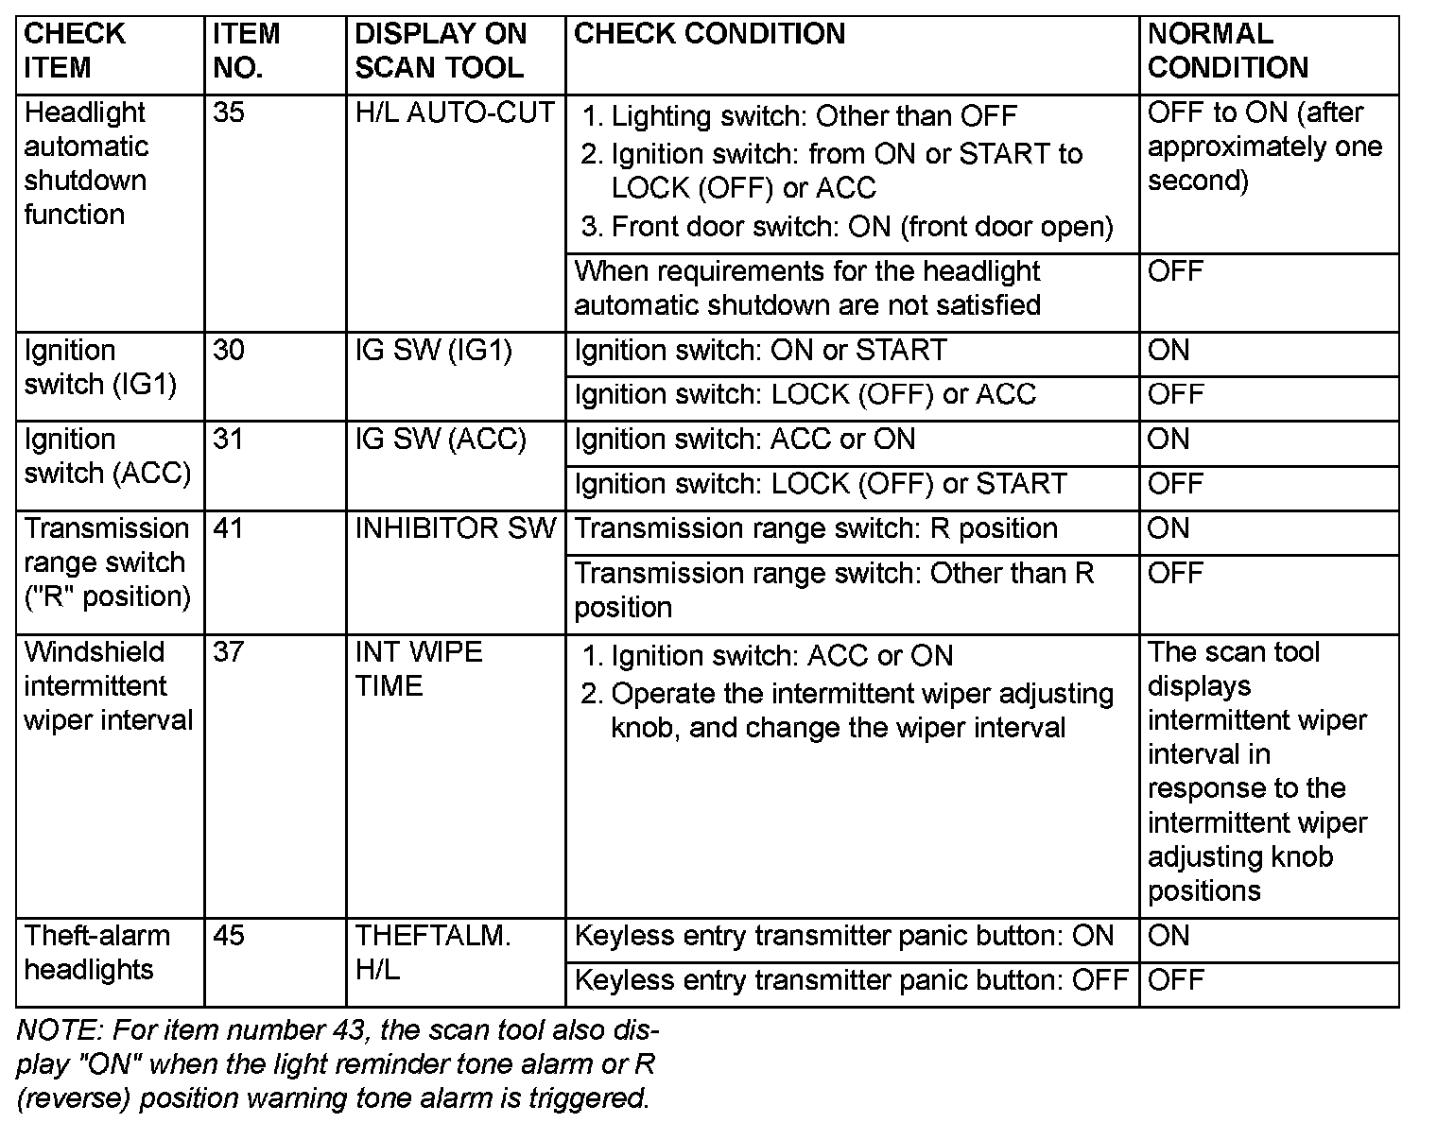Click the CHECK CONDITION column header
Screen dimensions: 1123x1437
coord(709,34)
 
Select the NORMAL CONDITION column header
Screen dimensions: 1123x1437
coord(1227,51)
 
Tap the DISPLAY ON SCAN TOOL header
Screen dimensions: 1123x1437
coord(440,51)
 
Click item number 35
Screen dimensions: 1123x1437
coord(229,112)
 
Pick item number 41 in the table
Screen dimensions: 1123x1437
coord(229,528)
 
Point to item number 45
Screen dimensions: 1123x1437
coord(229,936)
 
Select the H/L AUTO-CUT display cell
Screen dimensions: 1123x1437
coord(454,112)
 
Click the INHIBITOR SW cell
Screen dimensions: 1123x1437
coord(455,528)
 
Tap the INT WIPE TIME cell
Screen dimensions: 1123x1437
coord(419,669)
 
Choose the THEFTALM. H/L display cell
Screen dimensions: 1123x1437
coord(432,953)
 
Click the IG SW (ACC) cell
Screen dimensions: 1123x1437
coord(441,440)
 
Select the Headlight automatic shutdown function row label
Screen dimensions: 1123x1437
coord(86,164)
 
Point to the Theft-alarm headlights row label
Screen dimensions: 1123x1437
coord(96,953)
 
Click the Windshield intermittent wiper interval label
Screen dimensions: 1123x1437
coord(108,686)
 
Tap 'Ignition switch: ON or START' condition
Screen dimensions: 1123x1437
coord(760,351)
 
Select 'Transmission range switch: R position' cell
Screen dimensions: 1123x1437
coord(816,528)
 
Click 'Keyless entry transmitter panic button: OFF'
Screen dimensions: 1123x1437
coord(851,980)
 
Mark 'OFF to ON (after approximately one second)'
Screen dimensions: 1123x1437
coord(1264,147)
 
